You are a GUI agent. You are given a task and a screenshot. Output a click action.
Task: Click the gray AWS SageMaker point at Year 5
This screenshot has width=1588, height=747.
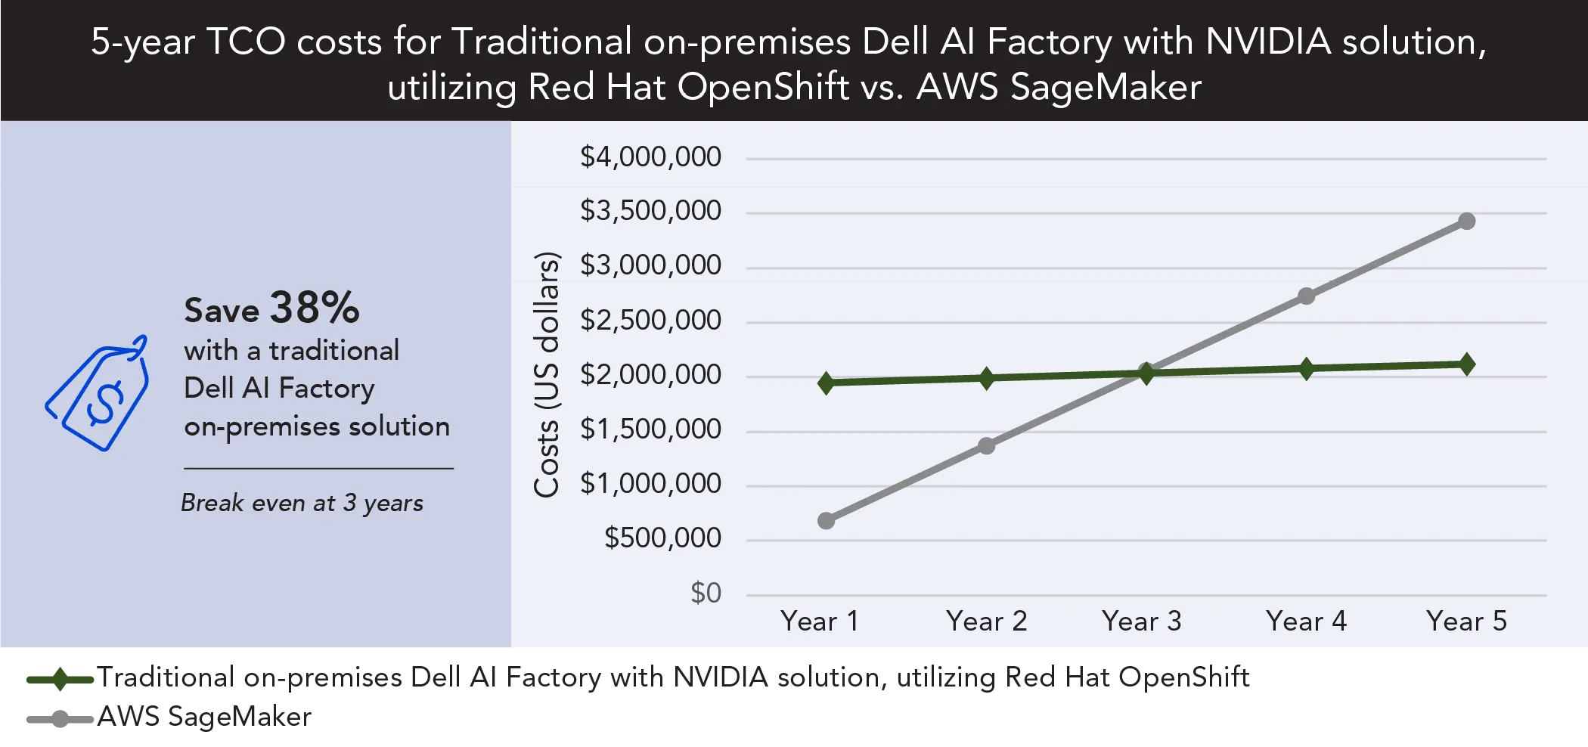(x=1467, y=221)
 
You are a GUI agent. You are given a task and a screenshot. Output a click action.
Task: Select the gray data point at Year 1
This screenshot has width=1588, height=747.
(x=827, y=520)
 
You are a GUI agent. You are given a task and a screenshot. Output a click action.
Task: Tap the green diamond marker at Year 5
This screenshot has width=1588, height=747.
(x=1467, y=364)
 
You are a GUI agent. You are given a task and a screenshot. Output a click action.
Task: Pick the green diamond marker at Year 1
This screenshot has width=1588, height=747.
(x=827, y=383)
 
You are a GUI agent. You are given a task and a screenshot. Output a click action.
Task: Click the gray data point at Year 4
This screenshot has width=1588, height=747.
(x=1307, y=296)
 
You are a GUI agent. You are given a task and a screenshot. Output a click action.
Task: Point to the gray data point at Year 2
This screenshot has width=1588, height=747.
(x=987, y=445)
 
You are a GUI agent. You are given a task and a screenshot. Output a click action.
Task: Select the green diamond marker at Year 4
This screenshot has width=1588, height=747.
(x=1307, y=369)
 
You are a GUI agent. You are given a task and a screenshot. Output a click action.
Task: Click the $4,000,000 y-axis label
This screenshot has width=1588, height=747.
(x=650, y=157)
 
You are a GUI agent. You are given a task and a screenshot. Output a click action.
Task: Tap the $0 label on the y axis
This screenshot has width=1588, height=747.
(x=706, y=593)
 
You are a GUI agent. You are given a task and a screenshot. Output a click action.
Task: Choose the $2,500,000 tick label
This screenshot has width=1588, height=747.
(x=650, y=321)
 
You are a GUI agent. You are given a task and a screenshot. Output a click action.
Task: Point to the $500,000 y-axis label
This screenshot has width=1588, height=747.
(x=662, y=538)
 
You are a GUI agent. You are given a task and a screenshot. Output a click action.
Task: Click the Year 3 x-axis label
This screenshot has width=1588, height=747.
(x=1141, y=621)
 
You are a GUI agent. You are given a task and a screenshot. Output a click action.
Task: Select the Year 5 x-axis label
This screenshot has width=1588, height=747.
(x=1466, y=621)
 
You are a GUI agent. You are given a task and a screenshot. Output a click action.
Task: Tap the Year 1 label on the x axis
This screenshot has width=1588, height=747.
(x=820, y=621)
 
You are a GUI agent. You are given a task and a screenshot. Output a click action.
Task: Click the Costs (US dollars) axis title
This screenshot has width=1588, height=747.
(x=547, y=374)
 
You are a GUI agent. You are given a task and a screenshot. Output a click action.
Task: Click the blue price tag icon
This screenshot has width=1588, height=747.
(x=98, y=393)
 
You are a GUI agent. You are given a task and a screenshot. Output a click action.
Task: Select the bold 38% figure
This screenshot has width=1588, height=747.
(x=315, y=308)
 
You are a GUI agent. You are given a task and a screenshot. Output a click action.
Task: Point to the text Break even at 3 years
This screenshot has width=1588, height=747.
(x=302, y=503)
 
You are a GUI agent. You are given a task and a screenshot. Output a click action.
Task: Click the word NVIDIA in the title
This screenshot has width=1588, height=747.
(x=1268, y=42)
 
